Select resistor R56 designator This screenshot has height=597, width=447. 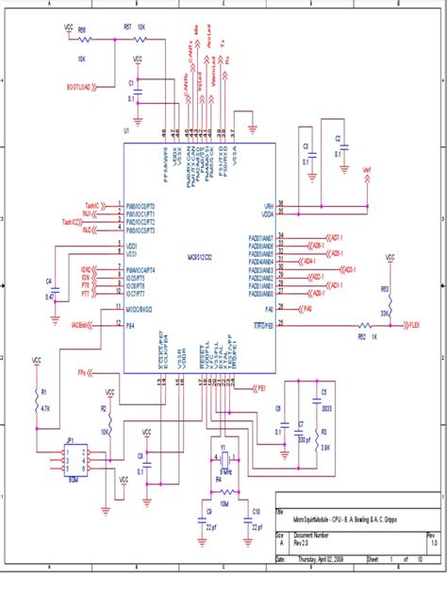[x=82, y=29]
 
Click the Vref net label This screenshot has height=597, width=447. [x=368, y=171]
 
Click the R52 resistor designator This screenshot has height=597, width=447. [x=362, y=334]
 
